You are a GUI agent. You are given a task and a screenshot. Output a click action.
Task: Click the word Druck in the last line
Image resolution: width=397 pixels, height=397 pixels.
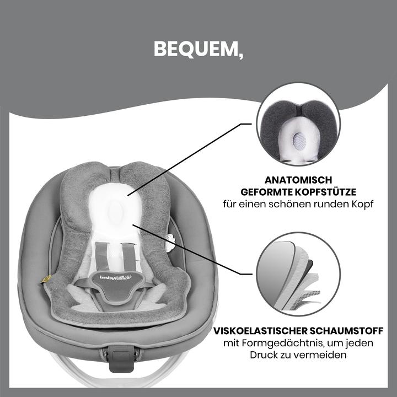[265, 355]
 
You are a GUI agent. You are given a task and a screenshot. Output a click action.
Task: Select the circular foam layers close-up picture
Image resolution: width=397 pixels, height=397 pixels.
[298, 274]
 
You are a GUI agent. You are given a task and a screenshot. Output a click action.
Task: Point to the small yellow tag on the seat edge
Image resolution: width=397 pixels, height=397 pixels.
[48, 280]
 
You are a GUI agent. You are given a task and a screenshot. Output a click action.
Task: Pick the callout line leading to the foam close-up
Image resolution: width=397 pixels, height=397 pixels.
[190, 249]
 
